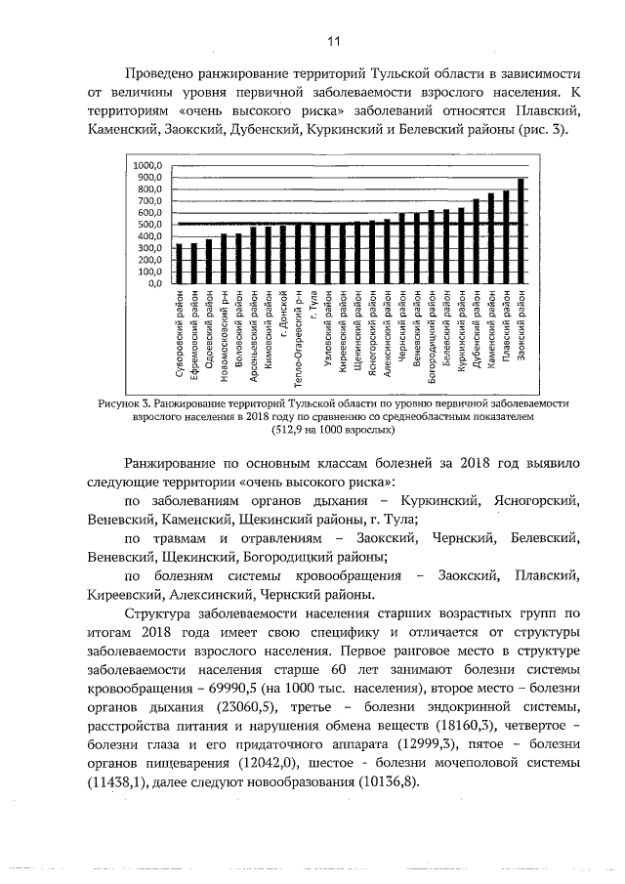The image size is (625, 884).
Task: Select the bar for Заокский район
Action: click(521, 232)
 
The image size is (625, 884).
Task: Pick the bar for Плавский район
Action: click(506, 237)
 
